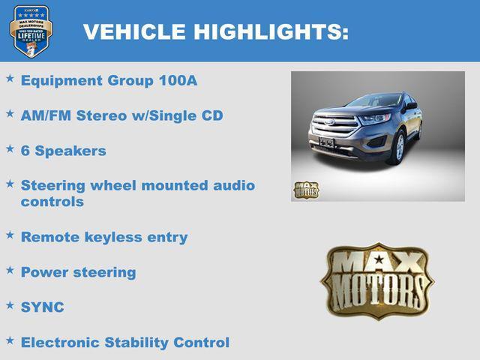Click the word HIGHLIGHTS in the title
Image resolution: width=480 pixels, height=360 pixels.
271,32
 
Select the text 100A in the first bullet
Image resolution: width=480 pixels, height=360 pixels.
178,80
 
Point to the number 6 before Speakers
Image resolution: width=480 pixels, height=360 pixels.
25,151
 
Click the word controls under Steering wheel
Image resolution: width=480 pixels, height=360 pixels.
52,202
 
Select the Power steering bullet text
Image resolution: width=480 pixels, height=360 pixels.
79,272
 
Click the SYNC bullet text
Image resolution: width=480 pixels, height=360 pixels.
43,307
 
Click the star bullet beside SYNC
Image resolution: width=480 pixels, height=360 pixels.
10,305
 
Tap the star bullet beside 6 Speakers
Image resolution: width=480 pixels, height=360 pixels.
10,148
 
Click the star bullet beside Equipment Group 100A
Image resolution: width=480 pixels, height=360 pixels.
10,78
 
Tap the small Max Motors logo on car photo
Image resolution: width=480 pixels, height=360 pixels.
306,189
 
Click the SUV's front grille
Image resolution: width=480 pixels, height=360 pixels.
335,124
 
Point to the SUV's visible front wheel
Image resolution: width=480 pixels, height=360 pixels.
400,147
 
